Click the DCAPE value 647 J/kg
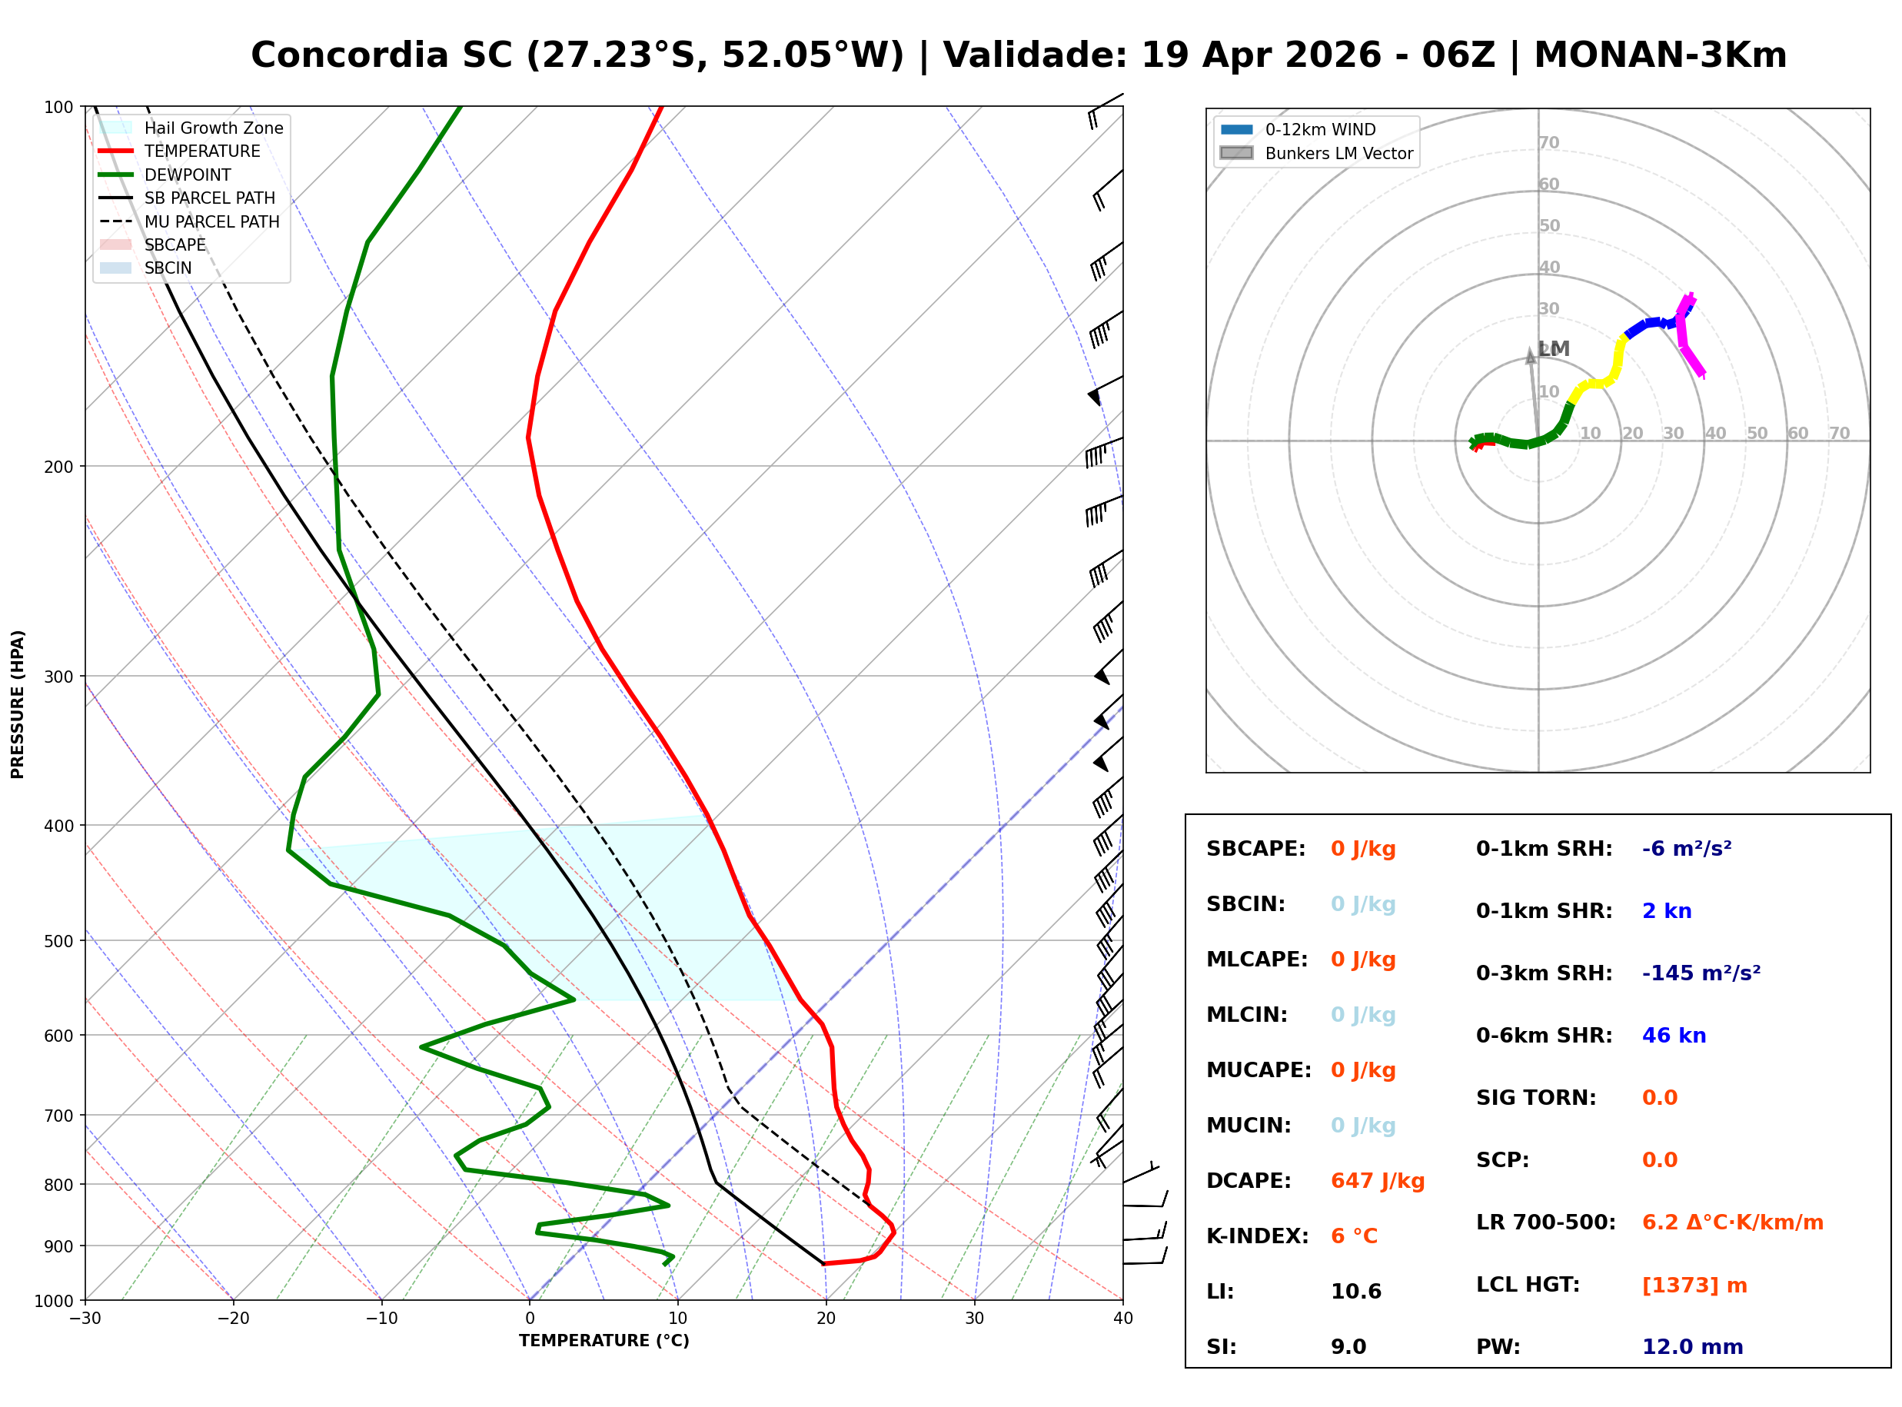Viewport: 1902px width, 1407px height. (1377, 1181)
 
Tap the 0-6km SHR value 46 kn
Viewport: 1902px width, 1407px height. (1673, 1036)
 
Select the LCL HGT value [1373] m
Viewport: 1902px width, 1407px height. (1694, 1286)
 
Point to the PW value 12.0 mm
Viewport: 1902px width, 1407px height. (1691, 1347)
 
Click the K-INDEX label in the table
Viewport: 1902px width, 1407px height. (1257, 1236)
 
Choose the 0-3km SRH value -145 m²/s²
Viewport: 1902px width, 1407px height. (1701, 973)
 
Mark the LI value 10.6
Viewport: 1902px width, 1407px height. (1355, 1292)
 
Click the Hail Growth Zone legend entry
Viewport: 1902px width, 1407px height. (213, 128)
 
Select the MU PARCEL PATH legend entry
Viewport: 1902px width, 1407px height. (211, 221)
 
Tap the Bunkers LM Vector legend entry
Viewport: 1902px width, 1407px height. (1338, 153)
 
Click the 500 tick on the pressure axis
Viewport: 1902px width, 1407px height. (58, 941)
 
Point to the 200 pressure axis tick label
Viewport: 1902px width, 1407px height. (58, 467)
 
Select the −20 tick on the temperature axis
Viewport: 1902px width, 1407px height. (232, 1319)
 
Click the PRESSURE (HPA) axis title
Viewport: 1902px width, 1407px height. (17, 703)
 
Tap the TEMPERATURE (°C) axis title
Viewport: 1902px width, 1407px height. (604, 1341)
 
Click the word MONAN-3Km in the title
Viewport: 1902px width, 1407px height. (1659, 55)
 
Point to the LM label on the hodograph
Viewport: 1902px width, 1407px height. (1555, 348)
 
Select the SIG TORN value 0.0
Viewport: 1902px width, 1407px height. (1658, 1098)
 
